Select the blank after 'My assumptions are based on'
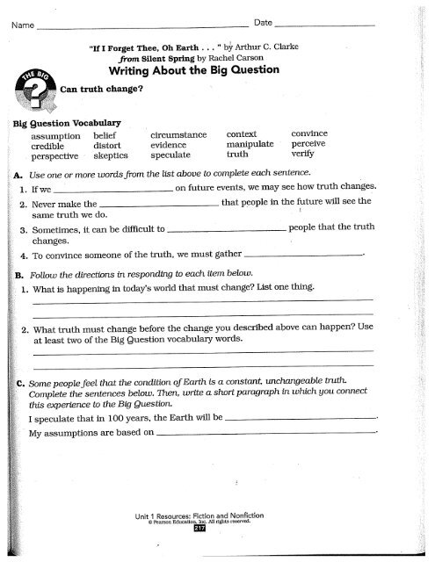(264, 433)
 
